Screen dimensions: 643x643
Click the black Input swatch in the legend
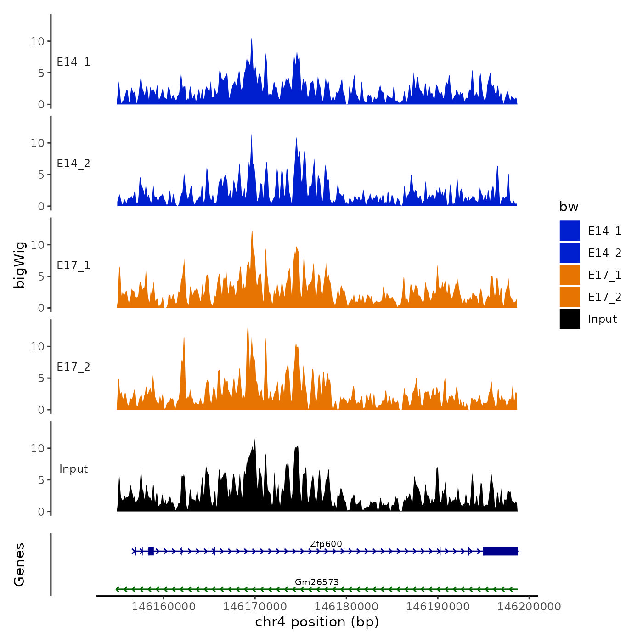click(x=570, y=319)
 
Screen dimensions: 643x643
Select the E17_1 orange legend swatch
click(x=570, y=275)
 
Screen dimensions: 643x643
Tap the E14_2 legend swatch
click(x=570, y=253)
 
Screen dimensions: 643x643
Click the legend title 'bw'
click(x=569, y=207)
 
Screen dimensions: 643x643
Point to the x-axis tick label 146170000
click(x=255, y=606)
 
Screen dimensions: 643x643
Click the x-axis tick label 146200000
click(x=529, y=606)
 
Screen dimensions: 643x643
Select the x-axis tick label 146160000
click(x=164, y=606)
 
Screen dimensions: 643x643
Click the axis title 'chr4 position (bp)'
click(x=317, y=622)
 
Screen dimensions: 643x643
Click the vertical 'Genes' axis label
click(x=19, y=564)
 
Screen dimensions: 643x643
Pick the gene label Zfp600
click(x=326, y=544)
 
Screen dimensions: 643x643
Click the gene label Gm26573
click(x=316, y=582)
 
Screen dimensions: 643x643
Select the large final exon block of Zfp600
click(x=500, y=551)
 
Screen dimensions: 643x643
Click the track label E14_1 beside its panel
click(x=73, y=62)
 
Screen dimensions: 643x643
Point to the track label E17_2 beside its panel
click(x=73, y=367)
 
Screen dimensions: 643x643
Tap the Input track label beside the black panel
click(x=73, y=469)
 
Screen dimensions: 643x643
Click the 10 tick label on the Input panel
click(x=37, y=448)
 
